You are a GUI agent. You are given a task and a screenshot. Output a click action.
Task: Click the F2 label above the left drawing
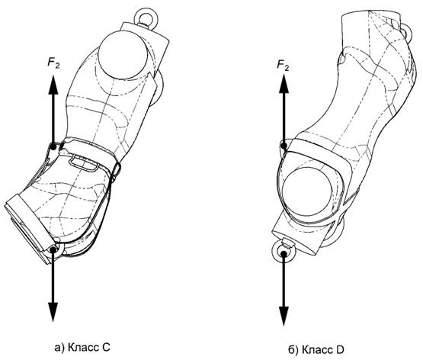point(53,63)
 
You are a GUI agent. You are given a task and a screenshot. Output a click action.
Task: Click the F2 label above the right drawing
point(283,66)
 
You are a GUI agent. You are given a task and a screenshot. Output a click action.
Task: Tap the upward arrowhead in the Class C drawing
point(53,85)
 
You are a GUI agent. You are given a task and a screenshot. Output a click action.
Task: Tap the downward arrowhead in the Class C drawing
point(53,312)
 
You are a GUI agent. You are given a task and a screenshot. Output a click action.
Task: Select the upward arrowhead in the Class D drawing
point(284,84)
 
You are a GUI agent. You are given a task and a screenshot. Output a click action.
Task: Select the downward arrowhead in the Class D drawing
point(284,317)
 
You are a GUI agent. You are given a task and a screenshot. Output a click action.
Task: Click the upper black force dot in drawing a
point(53,146)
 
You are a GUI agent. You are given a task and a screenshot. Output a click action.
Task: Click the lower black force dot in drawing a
point(53,250)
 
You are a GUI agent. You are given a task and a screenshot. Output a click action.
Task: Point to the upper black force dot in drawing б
point(284,146)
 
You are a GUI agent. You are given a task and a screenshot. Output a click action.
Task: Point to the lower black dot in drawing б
point(284,253)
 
